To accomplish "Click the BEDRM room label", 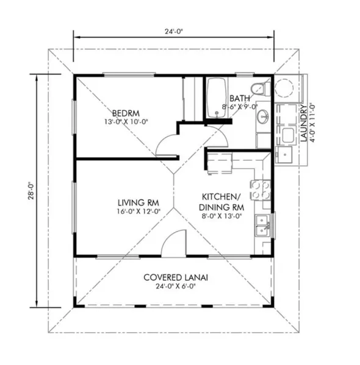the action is (126, 113).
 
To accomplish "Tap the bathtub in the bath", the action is (217, 97).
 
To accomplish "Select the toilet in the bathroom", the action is (261, 89).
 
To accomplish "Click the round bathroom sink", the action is (263, 116).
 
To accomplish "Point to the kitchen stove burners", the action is (261, 190).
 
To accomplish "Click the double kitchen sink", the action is (263, 225).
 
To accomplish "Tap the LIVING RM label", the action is (139, 203).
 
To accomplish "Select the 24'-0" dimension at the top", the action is (173, 32).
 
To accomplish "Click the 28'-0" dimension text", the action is (31, 190).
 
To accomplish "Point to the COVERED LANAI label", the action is (176, 277).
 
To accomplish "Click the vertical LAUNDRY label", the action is (304, 123).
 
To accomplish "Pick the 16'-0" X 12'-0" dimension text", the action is (139, 211).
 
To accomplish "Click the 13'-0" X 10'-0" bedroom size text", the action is (126, 121).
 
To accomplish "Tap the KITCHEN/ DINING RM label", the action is (221, 202).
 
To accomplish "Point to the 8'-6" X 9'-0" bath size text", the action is (240, 107).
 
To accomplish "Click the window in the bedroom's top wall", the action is (129, 75).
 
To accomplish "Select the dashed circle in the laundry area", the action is (284, 88).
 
